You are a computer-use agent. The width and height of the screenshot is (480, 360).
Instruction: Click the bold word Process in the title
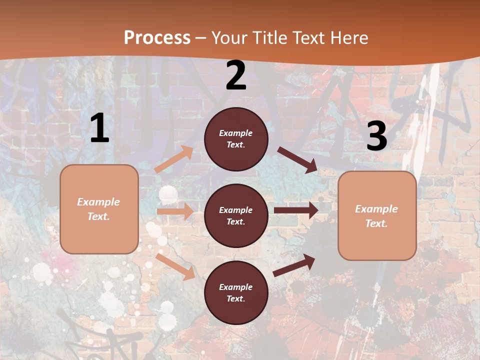[157, 37]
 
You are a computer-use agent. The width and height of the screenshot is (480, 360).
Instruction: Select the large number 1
[99, 128]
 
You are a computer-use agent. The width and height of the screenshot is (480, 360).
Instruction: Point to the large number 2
[236, 75]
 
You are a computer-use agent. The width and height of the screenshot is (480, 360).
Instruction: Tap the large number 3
[376, 136]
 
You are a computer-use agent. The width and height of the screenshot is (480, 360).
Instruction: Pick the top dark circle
[236, 139]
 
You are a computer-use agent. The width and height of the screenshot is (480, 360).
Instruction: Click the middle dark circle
[236, 215]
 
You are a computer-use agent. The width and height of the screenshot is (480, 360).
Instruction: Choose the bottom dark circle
[236, 292]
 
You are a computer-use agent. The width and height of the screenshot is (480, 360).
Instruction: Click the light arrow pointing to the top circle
[174, 159]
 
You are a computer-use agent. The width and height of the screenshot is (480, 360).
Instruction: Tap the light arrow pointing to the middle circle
[175, 211]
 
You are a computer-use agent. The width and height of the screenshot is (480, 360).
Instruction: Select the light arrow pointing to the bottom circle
[175, 266]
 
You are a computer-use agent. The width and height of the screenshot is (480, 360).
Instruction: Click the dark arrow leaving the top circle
[297, 159]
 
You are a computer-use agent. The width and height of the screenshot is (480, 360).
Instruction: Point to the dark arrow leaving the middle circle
[295, 210]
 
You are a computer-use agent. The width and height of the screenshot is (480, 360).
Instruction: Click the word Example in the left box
[98, 202]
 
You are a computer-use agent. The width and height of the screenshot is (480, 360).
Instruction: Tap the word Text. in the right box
[376, 223]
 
